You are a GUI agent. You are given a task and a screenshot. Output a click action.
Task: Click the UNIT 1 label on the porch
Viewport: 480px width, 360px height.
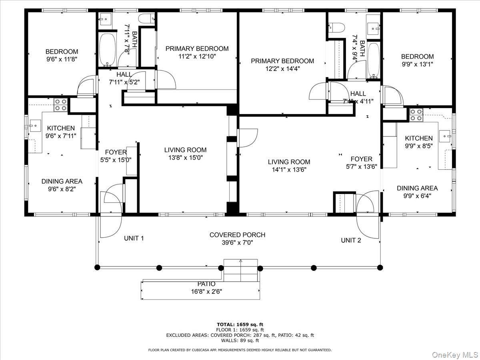(x=134, y=238)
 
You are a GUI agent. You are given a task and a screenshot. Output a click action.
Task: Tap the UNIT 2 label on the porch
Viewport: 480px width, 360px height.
(x=351, y=240)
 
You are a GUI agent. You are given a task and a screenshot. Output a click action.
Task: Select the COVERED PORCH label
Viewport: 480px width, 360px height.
(x=237, y=235)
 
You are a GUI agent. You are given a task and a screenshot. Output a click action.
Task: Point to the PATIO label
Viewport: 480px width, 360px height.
(x=206, y=284)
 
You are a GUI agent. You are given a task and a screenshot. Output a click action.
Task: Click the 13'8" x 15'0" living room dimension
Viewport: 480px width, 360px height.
(x=185, y=158)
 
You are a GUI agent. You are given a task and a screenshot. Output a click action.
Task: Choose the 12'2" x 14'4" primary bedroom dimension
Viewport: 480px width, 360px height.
(x=282, y=68)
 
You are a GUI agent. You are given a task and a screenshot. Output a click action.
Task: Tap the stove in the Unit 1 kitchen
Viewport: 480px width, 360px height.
(x=60, y=104)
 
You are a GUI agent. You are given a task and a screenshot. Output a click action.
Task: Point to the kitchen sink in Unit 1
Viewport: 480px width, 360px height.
(x=35, y=125)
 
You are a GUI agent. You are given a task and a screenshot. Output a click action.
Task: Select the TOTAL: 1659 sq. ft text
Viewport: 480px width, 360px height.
(x=240, y=324)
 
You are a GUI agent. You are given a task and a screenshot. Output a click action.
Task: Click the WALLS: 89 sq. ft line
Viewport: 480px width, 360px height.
(x=240, y=340)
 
